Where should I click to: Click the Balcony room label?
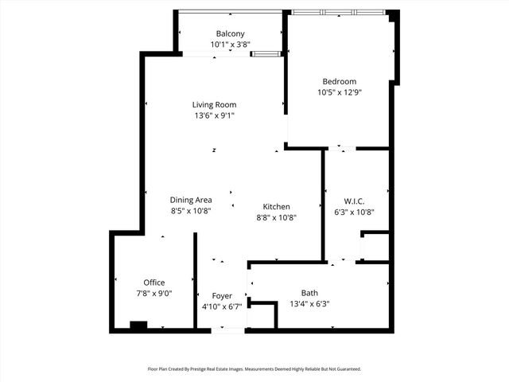pyautogui.click(x=231, y=33)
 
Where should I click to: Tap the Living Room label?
pyautogui.click(x=214, y=104)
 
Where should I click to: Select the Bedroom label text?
pyautogui.click(x=339, y=81)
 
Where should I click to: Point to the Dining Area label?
pyautogui.click(x=191, y=200)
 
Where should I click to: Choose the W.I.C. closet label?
pyautogui.click(x=355, y=201)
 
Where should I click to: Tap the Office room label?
pyautogui.click(x=153, y=283)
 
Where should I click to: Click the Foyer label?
pyautogui.click(x=222, y=296)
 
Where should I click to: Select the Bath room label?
pyautogui.click(x=309, y=292)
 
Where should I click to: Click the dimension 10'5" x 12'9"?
pyautogui.click(x=339, y=92)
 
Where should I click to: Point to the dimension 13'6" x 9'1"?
pyautogui.click(x=214, y=115)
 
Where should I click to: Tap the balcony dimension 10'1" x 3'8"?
pyautogui.click(x=231, y=45)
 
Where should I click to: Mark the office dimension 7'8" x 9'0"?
pyautogui.click(x=153, y=294)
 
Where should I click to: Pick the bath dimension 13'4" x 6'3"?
pyautogui.click(x=309, y=303)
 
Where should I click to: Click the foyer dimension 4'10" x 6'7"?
pyautogui.click(x=222, y=307)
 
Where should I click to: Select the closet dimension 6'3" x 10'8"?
pyautogui.click(x=355, y=212)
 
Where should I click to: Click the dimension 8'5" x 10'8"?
pyautogui.click(x=191, y=211)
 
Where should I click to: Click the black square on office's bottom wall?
pyautogui.click(x=138, y=325)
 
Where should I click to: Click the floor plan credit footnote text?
pyautogui.click(x=254, y=369)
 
